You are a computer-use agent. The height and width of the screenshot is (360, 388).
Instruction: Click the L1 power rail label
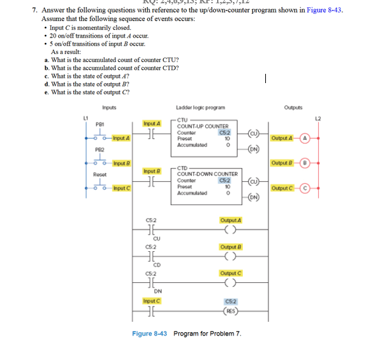pos(84,117)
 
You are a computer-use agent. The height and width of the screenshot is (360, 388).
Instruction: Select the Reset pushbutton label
pos(100,175)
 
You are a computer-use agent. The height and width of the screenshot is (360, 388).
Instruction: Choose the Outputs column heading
pos(293,107)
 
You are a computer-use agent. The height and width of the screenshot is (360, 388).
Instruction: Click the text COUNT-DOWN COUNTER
pos(208,173)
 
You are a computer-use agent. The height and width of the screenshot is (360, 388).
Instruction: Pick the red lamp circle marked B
pos(306,163)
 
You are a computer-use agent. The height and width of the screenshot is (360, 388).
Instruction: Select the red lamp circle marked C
pos(306,188)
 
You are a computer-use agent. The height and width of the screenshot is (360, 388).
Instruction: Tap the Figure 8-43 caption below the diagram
pos(187,334)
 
